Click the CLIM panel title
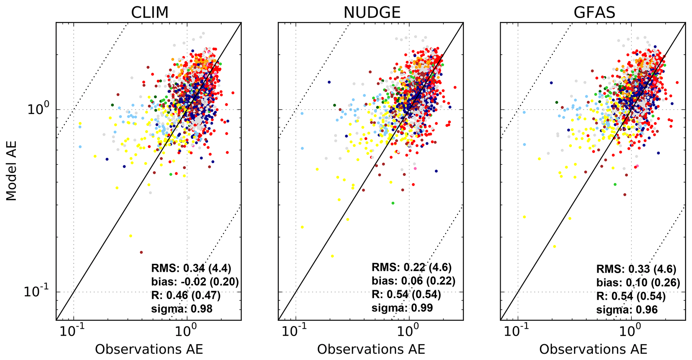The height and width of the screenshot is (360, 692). tap(149, 13)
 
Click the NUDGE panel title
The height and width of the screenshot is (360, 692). tap(372, 13)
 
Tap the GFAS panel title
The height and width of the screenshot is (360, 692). tap(594, 13)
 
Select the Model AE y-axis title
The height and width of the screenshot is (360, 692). tap(11, 171)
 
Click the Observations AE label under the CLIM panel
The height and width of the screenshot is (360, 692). tap(149, 349)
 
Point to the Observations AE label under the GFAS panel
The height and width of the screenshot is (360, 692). tap(593, 349)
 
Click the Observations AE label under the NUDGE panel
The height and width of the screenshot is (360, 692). tap(371, 349)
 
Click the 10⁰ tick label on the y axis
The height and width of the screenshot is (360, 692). tap(38, 109)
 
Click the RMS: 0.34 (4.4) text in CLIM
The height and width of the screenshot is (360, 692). tap(191, 268)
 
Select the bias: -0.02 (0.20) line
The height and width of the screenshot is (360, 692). tap(195, 282)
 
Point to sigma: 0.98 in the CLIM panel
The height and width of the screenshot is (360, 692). tap(182, 308)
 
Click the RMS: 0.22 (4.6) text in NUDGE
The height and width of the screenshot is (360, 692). tap(411, 267)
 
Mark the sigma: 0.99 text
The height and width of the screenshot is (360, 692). tap(402, 307)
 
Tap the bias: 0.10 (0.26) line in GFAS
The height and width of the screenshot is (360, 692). tap(638, 283)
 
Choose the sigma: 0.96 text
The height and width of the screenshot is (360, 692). tap(627, 309)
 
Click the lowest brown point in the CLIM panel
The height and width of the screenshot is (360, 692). tap(141, 252)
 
